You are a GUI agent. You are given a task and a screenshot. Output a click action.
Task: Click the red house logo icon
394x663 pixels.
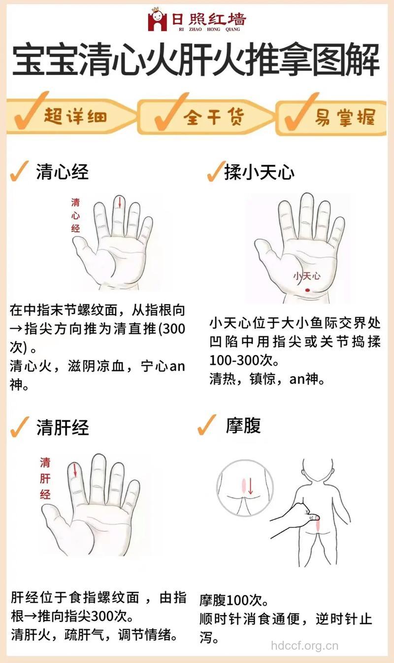click(157, 20)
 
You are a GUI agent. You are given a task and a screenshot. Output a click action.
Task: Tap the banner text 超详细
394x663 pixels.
click(75, 117)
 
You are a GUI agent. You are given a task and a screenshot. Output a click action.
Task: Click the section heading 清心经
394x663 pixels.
click(62, 172)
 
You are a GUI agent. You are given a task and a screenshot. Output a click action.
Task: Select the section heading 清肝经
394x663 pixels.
click(62, 427)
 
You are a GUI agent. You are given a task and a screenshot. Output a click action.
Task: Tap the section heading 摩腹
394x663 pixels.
click(243, 425)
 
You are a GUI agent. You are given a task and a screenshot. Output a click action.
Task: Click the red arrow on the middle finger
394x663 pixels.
click(119, 202)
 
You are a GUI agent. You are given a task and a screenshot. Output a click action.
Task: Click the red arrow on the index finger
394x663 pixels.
click(75, 469)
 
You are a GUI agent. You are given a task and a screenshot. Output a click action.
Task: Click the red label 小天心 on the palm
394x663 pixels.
click(306, 276)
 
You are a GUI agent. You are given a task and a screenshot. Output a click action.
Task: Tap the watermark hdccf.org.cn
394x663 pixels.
click(305, 645)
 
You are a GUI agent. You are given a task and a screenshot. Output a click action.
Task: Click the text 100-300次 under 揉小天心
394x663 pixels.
click(244, 360)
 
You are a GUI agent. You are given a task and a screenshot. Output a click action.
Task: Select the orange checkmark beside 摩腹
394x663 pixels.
click(207, 425)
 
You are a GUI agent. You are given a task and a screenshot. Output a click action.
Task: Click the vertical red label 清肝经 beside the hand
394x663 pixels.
click(45, 478)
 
